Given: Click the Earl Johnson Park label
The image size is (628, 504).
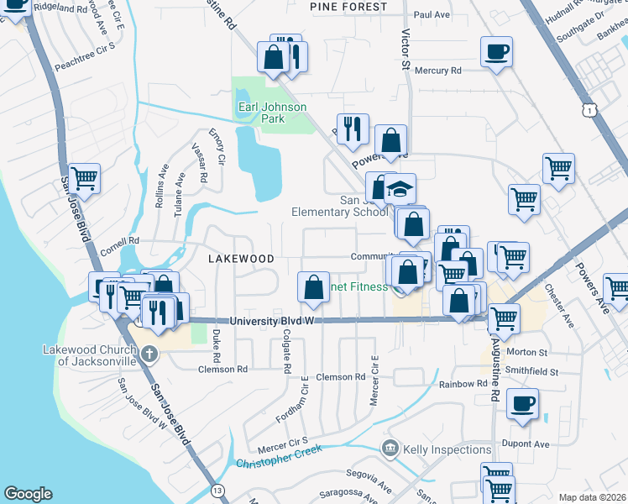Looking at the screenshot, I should point(271,113).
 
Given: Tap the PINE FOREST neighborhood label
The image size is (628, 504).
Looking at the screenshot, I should point(348,7).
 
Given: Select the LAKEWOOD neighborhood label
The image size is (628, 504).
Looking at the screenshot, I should point(241,259).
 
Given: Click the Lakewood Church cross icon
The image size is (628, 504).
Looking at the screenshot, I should point(149,354).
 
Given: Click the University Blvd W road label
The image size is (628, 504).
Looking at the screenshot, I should point(271,321).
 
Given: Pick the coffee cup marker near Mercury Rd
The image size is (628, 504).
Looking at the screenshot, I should point(496,52).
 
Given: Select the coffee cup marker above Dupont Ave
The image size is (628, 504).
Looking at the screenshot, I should point(522,403).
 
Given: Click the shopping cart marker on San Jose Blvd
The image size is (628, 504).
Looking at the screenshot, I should point(84,178).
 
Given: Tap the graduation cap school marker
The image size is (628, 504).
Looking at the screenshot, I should point(401,188).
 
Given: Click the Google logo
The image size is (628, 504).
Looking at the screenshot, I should point(28,494).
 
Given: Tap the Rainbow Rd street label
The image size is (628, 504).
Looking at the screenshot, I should point(463,384).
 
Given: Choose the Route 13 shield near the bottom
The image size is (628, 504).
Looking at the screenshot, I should point(219,490).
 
